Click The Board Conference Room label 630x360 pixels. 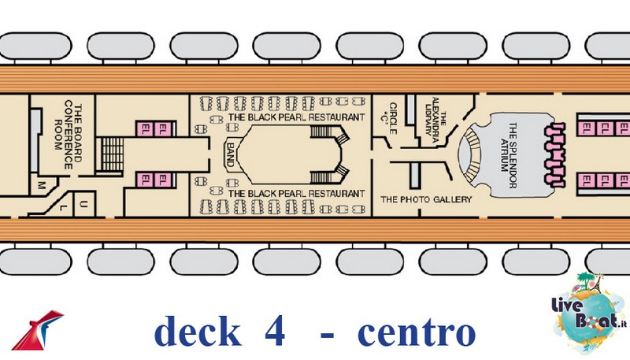(x=68, y=134)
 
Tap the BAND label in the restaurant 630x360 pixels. (x=230, y=154)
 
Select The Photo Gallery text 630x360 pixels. (x=426, y=199)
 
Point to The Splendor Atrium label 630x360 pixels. (x=509, y=154)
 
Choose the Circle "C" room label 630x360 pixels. (x=390, y=118)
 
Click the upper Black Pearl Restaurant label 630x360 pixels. (x=297, y=117)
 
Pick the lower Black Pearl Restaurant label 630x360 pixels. (x=297, y=194)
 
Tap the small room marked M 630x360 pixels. (x=42, y=185)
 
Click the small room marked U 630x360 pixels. (x=83, y=204)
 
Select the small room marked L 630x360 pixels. (x=61, y=207)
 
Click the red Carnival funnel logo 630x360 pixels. (x=37, y=329)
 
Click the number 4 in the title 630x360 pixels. (x=275, y=331)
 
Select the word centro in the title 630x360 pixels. (x=417, y=332)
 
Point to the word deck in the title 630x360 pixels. (x=198, y=330)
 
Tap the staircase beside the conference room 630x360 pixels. (x=112, y=154)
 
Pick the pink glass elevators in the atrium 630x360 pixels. (x=555, y=155)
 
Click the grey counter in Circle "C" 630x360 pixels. (x=410, y=109)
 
